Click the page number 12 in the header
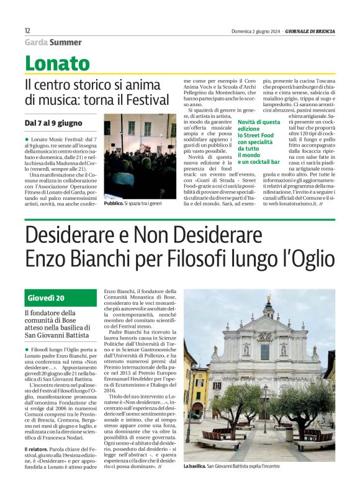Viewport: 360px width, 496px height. [x=27, y=31]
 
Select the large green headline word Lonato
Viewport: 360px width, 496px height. [x=57, y=63]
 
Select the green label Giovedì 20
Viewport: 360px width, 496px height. [x=47, y=298]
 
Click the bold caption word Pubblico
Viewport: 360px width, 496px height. [x=112, y=203]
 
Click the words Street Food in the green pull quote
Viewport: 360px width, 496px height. [x=258, y=135]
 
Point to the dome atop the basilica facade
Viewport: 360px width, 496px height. [x=269, y=304]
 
